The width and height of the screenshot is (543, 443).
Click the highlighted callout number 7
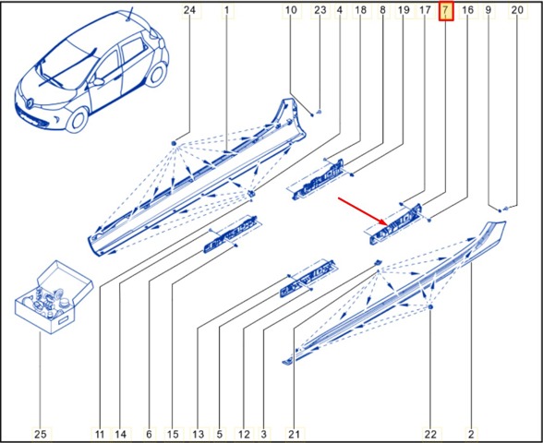[446, 10]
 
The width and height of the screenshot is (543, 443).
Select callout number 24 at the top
[189, 10]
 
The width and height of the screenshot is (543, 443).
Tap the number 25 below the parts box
[41, 434]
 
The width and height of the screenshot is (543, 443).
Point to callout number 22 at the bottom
[431, 434]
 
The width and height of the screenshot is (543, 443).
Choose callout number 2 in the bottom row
[471, 434]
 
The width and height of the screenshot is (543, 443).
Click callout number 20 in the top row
[517, 10]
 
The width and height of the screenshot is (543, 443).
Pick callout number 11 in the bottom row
[100, 434]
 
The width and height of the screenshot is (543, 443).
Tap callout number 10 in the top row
[291, 10]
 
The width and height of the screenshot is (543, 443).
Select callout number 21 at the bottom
[294, 434]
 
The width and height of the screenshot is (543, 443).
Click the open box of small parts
[54, 297]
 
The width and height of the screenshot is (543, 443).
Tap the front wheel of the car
[78, 120]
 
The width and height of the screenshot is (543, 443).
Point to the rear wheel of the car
[156, 76]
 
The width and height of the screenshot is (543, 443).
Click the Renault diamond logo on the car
[30, 102]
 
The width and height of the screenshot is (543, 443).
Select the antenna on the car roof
[130, 14]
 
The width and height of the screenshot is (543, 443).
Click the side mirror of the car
[99, 82]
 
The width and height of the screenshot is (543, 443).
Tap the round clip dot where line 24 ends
[174, 143]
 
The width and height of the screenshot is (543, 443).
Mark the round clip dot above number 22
[430, 307]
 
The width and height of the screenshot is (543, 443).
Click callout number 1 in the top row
[226, 10]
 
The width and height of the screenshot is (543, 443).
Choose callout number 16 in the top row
[467, 10]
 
